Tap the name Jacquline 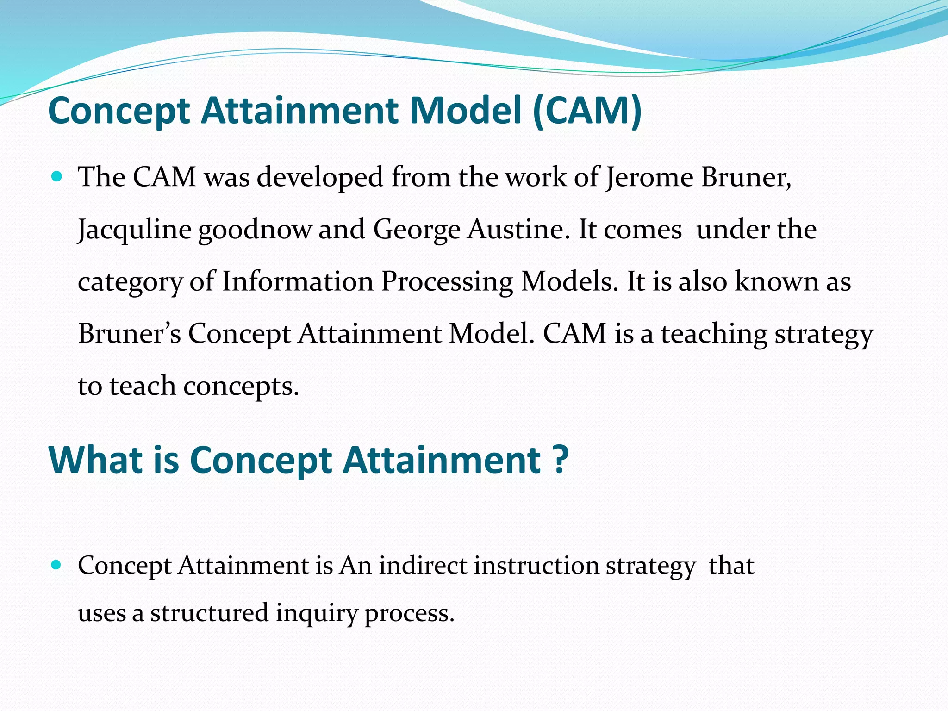pyautogui.click(x=135, y=230)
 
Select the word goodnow pyautogui.click(x=255, y=230)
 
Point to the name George pyautogui.click(x=417, y=230)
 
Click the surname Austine pyautogui.click(x=518, y=229)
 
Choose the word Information pyautogui.click(x=298, y=281)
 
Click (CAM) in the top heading pyautogui.click(x=587, y=111)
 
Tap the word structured pyautogui.click(x=209, y=613)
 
